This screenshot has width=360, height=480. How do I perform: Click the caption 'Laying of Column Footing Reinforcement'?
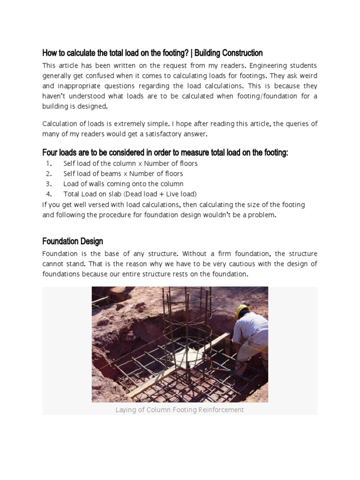[x=180, y=410]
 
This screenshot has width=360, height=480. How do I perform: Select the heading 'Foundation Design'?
[x=73, y=241]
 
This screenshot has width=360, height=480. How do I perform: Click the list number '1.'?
[x=49, y=164]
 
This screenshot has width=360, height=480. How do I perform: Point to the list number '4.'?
[x=49, y=194]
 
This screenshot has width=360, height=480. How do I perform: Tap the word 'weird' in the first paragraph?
[x=306, y=76]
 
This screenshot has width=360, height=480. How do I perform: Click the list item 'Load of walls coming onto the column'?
[x=123, y=184]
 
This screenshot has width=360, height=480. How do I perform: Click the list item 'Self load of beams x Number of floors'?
[x=123, y=174]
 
